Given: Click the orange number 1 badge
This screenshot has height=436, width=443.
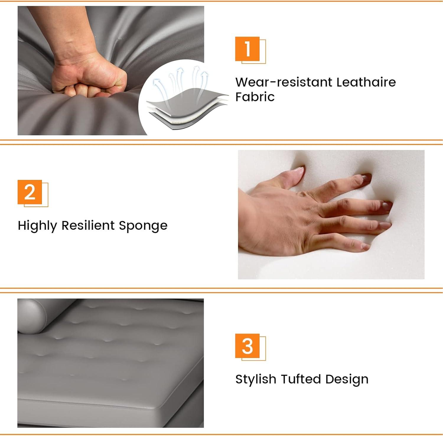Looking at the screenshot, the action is (247, 49).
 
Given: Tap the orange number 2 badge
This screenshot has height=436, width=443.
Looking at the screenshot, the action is (30, 192).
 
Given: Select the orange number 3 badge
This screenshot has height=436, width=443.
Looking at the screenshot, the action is (247, 346).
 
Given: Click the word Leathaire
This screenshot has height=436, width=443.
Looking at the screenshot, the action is (366, 82).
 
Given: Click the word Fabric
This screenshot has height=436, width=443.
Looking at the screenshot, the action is (255, 97).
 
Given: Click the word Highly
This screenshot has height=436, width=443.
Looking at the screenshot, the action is (37, 226).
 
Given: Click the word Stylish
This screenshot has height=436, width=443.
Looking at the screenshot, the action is (256, 380).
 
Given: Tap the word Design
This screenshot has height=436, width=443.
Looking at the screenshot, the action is (347, 380).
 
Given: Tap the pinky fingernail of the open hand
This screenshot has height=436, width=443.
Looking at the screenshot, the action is (366, 245).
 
